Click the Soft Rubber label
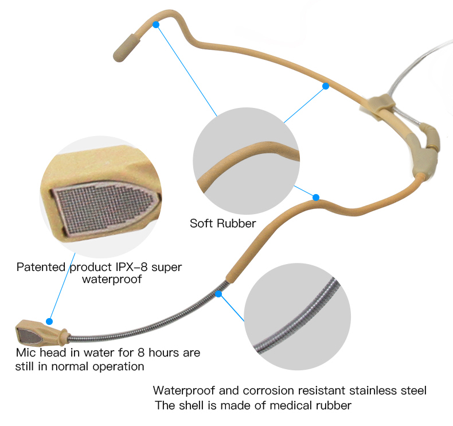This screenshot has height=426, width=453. (222, 223)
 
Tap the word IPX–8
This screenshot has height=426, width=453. (131, 267)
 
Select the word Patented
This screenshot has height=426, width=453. (41, 267)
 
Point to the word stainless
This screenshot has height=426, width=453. (373, 390)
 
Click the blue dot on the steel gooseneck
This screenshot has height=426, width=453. (218, 294)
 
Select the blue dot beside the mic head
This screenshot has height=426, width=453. (49, 322)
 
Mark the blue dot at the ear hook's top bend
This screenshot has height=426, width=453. (156, 25)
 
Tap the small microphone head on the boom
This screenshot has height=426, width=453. (41, 333)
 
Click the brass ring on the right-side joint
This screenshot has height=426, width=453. (432, 148)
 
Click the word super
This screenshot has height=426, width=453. (167, 268)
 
